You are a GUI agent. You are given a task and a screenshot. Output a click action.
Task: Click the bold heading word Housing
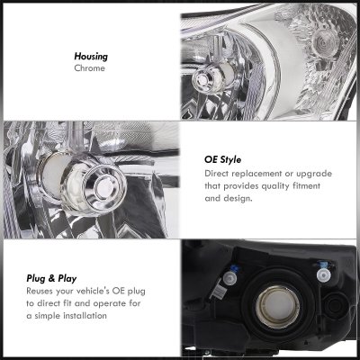pyautogui.click(x=91, y=57)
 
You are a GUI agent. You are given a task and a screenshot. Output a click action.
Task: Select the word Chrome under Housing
pyautogui.click(x=89, y=68)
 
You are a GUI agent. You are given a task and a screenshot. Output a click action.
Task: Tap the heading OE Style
pyautogui.click(x=222, y=159)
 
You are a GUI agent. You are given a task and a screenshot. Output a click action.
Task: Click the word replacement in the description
pyautogui.click(x=256, y=174)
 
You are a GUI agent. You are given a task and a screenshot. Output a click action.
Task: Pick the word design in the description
pyautogui.click(x=238, y=198)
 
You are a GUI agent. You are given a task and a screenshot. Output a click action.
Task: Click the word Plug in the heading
pyautogui.click(x=36, y=279)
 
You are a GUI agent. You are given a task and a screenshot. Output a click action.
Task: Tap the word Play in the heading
pyautogui.click(x=67, y=279)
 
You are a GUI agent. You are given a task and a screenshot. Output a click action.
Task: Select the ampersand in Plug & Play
pyautogui.click(x=52, y=279)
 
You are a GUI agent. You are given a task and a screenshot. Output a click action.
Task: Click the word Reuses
pyautogui.click(x=40, y=291)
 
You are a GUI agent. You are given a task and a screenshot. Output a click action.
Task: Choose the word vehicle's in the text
pyautogui.click(x=93, y=291)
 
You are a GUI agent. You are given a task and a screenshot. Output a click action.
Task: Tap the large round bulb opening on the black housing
pyautogui.click(x=277, y=306)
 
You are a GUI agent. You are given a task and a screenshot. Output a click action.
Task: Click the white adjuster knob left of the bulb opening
pyautogui.click(x=229, y=278)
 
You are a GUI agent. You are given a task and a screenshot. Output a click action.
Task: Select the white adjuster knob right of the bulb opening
pyautogui.click(x=323, y=275)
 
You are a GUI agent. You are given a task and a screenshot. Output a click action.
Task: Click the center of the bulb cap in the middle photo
pyautogui.click(x=103, y=188)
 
